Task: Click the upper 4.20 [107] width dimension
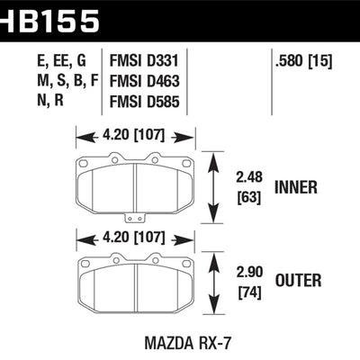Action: click(x=132, y=138)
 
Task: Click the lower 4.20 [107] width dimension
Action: click(x=132, y=240)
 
